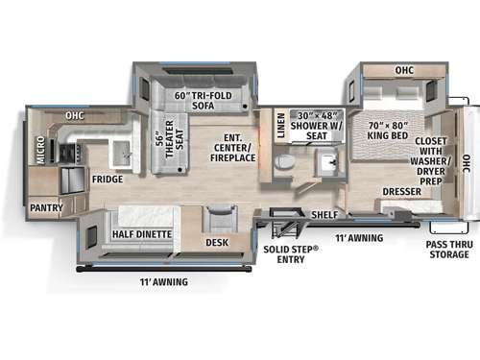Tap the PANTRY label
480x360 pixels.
click(46, 207)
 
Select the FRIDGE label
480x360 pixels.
click(107, 179)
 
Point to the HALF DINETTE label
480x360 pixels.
click(142, 234)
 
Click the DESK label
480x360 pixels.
click(217, 242)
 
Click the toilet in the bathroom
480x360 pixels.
click(285, 162)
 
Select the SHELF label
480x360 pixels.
click(323, 213)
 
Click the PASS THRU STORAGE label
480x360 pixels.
click(448, 249)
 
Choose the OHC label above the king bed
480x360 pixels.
click(402, 70)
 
